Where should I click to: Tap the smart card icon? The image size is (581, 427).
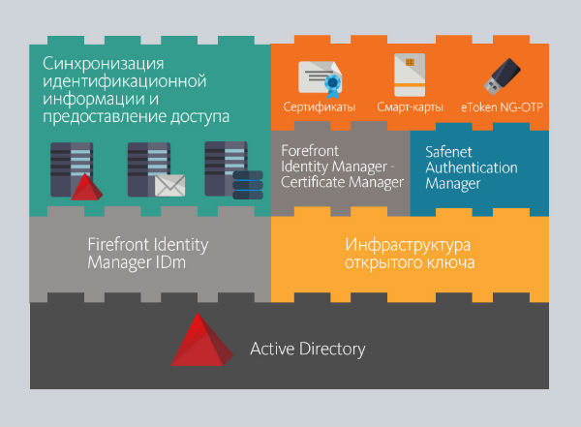pos(410,75)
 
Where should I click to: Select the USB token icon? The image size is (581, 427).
pos(501,76)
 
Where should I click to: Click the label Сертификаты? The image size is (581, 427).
pos(319,107)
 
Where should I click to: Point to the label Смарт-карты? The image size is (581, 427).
pos(410,107)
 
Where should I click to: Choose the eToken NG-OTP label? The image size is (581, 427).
pos(502,107)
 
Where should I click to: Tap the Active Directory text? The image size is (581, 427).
pos(308,349)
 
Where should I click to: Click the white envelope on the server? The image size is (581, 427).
pos(169,185)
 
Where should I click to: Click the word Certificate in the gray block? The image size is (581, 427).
pos(309,181)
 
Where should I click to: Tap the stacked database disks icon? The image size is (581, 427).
pos(249,184)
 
